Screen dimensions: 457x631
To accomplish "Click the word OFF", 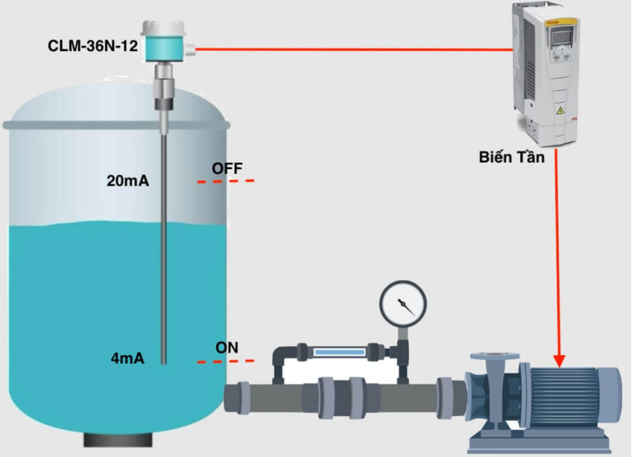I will click(227, 168).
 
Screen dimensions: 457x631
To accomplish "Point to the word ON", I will click(227, 347).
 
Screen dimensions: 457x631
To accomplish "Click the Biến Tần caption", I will click(511, 156).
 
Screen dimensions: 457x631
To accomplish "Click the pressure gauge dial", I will click(403, 305).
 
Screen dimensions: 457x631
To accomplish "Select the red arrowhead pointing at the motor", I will click(560, 359).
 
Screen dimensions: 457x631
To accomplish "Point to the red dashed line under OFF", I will click(226, 181).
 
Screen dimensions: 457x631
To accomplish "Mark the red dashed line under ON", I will click(226, 361).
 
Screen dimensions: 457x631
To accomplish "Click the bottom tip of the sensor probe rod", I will click(164, 362).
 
